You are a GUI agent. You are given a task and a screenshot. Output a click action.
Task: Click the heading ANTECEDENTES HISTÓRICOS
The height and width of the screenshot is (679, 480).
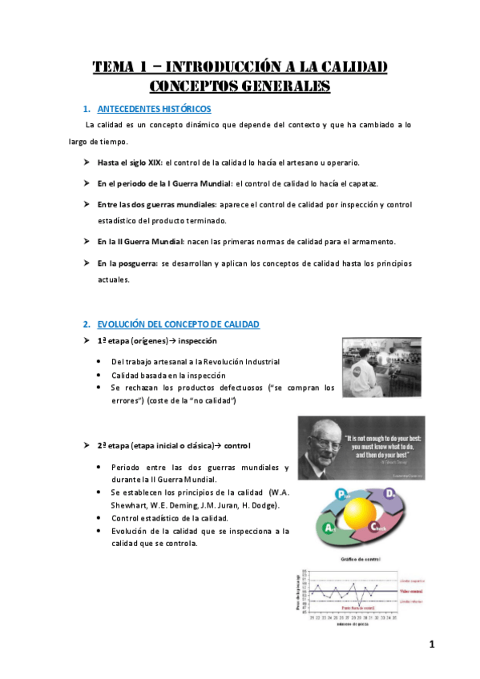click(x=154, y=108)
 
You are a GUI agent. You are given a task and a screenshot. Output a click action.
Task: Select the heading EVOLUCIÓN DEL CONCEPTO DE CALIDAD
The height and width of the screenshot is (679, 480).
click(x=177, y=324)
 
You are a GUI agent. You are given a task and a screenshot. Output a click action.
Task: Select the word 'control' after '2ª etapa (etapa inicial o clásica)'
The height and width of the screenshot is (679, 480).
click(x=238, y=444)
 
